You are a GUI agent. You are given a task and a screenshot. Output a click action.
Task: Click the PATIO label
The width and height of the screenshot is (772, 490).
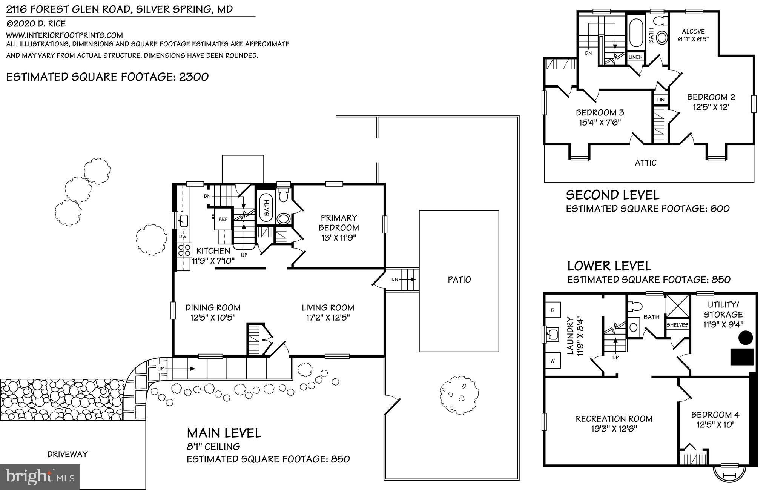[x=459, y=280]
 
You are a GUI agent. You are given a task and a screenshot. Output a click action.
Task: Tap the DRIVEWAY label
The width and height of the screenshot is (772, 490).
[x=68, y=454]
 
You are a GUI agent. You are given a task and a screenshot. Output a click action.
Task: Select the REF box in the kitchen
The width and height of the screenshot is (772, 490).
[x=223, y=219]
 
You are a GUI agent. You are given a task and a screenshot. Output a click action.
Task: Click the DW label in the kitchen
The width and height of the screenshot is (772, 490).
[x=183, y=237]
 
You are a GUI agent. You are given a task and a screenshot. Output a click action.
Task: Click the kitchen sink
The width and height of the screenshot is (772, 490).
[x=183, y=221]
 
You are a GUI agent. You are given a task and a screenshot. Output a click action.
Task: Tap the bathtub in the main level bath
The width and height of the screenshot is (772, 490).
[x=266, y=207]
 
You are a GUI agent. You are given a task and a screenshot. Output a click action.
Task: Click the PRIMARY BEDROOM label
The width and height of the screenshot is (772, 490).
[x=339, y=223]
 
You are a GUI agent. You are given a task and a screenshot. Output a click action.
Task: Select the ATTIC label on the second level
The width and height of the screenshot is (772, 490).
[x=646, y=163]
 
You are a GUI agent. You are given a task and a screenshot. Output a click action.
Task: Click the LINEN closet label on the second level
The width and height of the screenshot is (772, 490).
[x=635, y=57]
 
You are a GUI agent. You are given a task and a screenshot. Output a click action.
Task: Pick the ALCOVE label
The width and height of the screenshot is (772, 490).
[x=693, y=32]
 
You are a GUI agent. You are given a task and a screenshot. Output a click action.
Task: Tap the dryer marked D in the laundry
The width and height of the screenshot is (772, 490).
[x=553, y=310]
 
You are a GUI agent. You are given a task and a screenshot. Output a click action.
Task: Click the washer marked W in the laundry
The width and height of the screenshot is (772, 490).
[x=553, y=361]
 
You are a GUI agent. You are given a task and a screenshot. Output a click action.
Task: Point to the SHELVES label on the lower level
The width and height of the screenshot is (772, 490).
[x=677, y=325]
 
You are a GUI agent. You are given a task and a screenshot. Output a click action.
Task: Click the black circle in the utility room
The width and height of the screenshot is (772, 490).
[x=745, y=337]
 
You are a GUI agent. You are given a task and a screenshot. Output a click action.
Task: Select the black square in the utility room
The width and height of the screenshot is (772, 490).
[x=742, y=356]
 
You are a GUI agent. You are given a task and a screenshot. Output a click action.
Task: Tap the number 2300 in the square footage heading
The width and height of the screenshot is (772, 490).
[x=193, y=77]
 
